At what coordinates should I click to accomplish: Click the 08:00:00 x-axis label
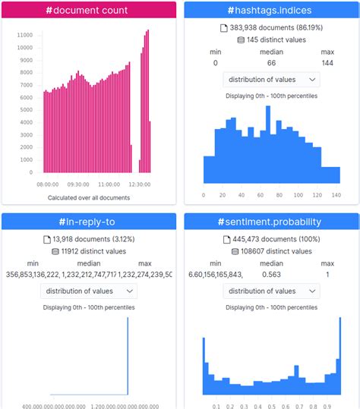pyautogui.click(x=47, y=184)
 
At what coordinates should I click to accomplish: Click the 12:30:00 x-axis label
pyautogui.click(x=138, y=184)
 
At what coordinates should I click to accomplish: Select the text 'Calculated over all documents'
pyautogui.click(x=88, y=198)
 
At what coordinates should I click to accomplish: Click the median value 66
pyautogui.click(x=271, y=63)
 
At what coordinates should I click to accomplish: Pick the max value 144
pyautogui.click(x=327, y=63)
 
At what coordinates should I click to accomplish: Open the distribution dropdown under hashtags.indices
pyautogui.click(x=271, y=80)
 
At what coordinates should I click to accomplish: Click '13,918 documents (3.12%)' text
pyautogui.click(x=93, y=240)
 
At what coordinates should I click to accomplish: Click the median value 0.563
pyautogui.click(x=271, y=275)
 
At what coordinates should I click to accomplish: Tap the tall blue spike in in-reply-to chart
pyautogui.click(x=128, y=357)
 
